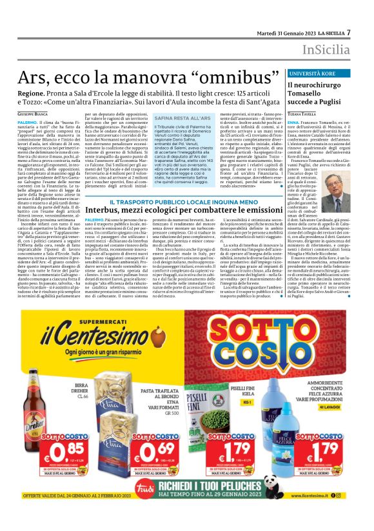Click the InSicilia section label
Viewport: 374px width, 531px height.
click(x=329, y=50)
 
